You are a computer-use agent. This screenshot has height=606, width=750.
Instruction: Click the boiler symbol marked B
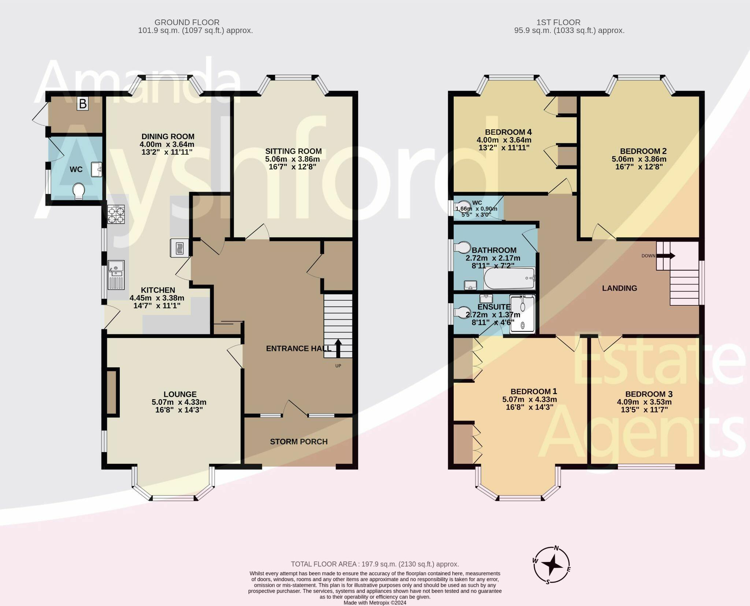tap(83, 104)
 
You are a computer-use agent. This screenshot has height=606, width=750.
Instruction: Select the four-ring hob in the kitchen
tap(116, 214)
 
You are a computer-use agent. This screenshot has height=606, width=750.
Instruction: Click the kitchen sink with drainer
tap(116, 275)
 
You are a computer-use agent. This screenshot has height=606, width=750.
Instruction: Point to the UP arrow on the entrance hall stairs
tap(338, 348)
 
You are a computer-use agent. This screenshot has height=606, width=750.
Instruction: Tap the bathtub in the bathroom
tap(509, 279)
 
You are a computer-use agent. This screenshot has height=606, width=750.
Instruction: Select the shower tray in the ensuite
tap(523, 314)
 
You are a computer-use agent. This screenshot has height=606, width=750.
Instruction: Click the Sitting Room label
tap(293, 151)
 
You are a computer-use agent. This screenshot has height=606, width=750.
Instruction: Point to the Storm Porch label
tap(299, 442)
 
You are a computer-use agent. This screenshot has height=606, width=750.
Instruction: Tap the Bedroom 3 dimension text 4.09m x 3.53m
tap(644, 402)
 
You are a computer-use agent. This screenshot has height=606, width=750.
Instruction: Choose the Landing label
tap(619, 288)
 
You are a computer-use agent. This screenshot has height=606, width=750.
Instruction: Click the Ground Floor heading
tap(187, 22)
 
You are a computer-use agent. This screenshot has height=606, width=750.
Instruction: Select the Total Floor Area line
tap(375, 564)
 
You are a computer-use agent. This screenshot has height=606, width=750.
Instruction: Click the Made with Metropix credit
tap(375, 603)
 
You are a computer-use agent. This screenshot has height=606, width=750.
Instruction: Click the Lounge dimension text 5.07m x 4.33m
tap(179, 402)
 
